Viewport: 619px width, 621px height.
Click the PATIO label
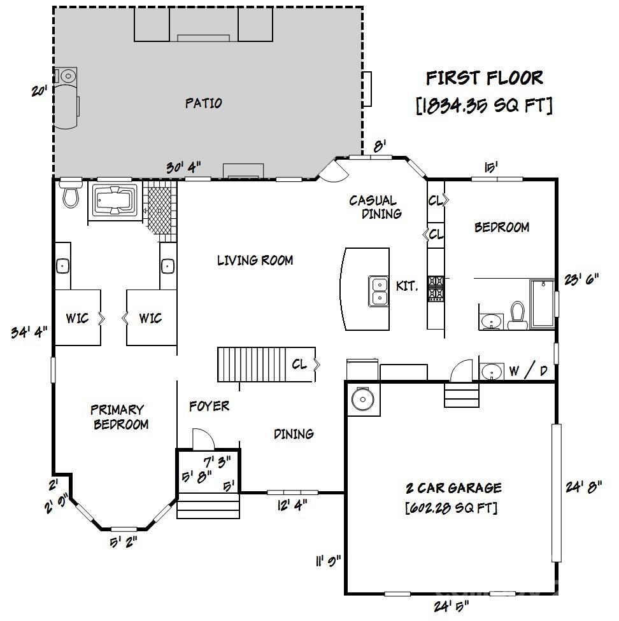tap(204, 103)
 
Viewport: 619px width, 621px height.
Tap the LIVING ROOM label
tap(255, 260)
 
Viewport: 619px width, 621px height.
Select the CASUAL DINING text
tap(375, 207)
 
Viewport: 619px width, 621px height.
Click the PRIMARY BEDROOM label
tap(119, 417)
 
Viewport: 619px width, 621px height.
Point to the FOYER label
tap(210, 406)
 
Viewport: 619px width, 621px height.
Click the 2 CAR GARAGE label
tap(454, 487)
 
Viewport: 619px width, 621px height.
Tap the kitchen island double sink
tap(379, 291)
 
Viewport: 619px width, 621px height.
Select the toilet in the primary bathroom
tap(71, 193)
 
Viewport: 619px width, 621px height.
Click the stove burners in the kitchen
tap(436, 288)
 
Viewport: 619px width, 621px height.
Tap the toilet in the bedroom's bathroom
tap(517, 315)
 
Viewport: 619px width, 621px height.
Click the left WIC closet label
tap(77, 317)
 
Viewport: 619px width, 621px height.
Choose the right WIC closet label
tap(150, 317)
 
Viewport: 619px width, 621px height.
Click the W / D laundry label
tap(528, 371)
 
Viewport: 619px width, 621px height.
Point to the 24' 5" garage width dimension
tap(451, 606)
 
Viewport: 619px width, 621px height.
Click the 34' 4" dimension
tap(29, 332)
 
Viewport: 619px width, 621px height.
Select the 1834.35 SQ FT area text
tap(484, 106)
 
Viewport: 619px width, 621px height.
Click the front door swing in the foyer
tap(203, 439)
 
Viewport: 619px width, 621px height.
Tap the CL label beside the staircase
tap(299, 364)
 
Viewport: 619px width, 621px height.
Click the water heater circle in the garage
tap(363, 399)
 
